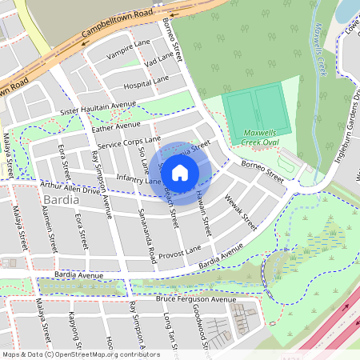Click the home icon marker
coord(180,172)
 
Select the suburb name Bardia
coord(62,199)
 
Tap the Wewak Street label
coord(241,210)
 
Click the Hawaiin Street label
coord(203,215)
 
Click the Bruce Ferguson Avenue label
coord(196,299)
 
